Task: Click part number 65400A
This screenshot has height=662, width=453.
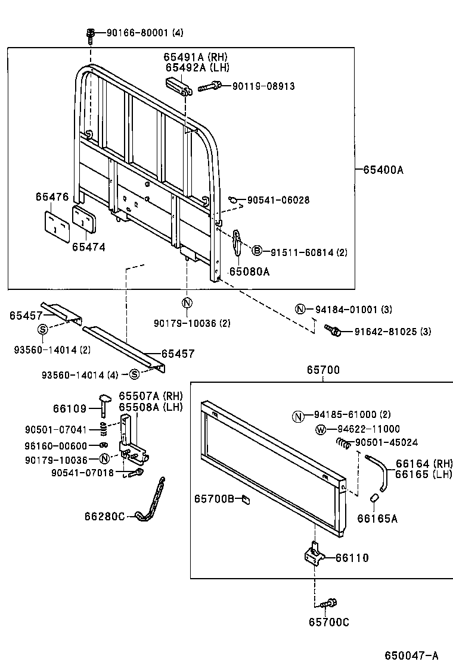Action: [383, 170]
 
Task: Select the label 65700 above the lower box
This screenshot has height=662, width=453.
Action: [323, 370]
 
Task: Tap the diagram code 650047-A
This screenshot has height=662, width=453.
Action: [411, 655]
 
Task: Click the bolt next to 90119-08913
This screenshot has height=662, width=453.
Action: [208, 87]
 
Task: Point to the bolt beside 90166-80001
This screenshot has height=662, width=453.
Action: [91, 35]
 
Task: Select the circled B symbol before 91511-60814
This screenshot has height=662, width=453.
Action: [257, 251]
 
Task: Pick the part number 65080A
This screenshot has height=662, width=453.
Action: [250, 271]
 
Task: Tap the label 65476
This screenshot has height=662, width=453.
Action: [52, 197]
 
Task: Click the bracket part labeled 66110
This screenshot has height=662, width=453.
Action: [314, 557]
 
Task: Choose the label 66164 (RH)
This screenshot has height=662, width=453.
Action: [424, 463]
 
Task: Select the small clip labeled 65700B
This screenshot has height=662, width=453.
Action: [244, 499]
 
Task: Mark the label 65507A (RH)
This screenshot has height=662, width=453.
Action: [150, 396]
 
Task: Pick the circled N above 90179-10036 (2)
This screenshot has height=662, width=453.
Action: [187, 302]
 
